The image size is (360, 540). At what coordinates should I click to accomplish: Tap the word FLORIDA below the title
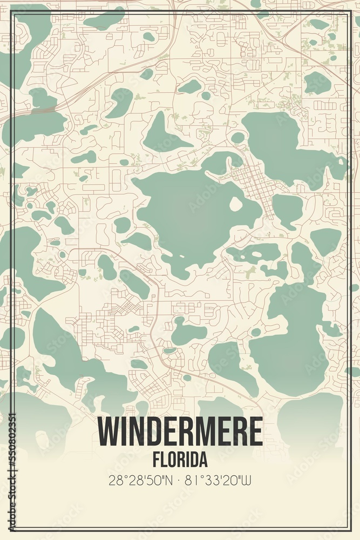pos(180,460)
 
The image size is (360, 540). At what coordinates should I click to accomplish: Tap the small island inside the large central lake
pos(236,204)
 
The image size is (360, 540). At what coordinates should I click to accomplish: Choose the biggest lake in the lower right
pos(291,335)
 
